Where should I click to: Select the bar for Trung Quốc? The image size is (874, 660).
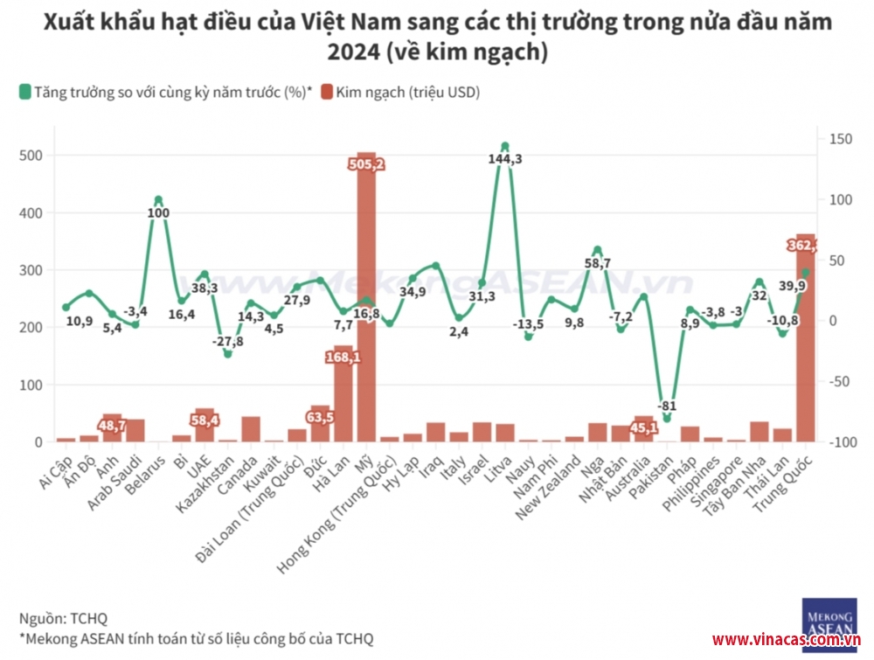tap(805, 350)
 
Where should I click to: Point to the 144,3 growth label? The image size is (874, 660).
tap(504, 159)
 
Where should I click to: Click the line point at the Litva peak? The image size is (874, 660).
tap(504, 146)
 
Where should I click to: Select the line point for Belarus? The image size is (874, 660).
tap(158, 200)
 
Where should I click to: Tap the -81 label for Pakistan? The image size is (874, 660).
tap(667, 406)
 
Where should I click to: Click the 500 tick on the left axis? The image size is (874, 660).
tap(31, 156)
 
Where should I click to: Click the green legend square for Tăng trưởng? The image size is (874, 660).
tap(24, 91)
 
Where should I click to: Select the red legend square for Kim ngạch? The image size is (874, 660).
tap(327, 91)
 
